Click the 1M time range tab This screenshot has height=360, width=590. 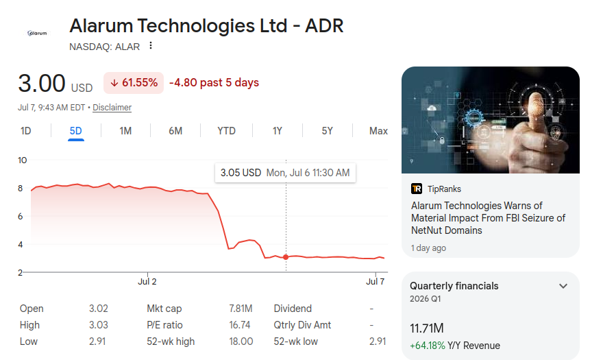[x=125, y=131]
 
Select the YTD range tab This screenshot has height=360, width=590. [x=226, y=131]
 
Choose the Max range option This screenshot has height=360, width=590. [x=378, y=131]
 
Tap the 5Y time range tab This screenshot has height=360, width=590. [x=327, y=131]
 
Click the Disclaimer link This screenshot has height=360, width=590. [x=112, y=108]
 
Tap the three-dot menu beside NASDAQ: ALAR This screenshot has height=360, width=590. [x=151, y=45]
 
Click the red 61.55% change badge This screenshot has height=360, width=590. [x=134, y=83]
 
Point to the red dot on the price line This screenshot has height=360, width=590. [x=286, y=257]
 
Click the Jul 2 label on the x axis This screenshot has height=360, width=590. [x=147, y=282]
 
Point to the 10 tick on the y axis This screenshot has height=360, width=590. [x=22, y=160]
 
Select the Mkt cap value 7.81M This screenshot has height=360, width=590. [x=241, y=309]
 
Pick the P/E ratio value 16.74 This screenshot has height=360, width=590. [x=240, y=325]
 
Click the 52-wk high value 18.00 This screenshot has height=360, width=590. [x=241, y=341]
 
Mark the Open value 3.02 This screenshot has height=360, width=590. [x=99, y=309]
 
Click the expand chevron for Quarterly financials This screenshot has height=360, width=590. [x=563, y=286]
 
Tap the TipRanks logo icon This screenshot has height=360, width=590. [x=417, y=189]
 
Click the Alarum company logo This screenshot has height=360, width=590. [x=37, y=33]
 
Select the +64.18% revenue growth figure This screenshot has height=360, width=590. [x=428, y=346]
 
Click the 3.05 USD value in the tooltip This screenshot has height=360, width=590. [x=241, y=173]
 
